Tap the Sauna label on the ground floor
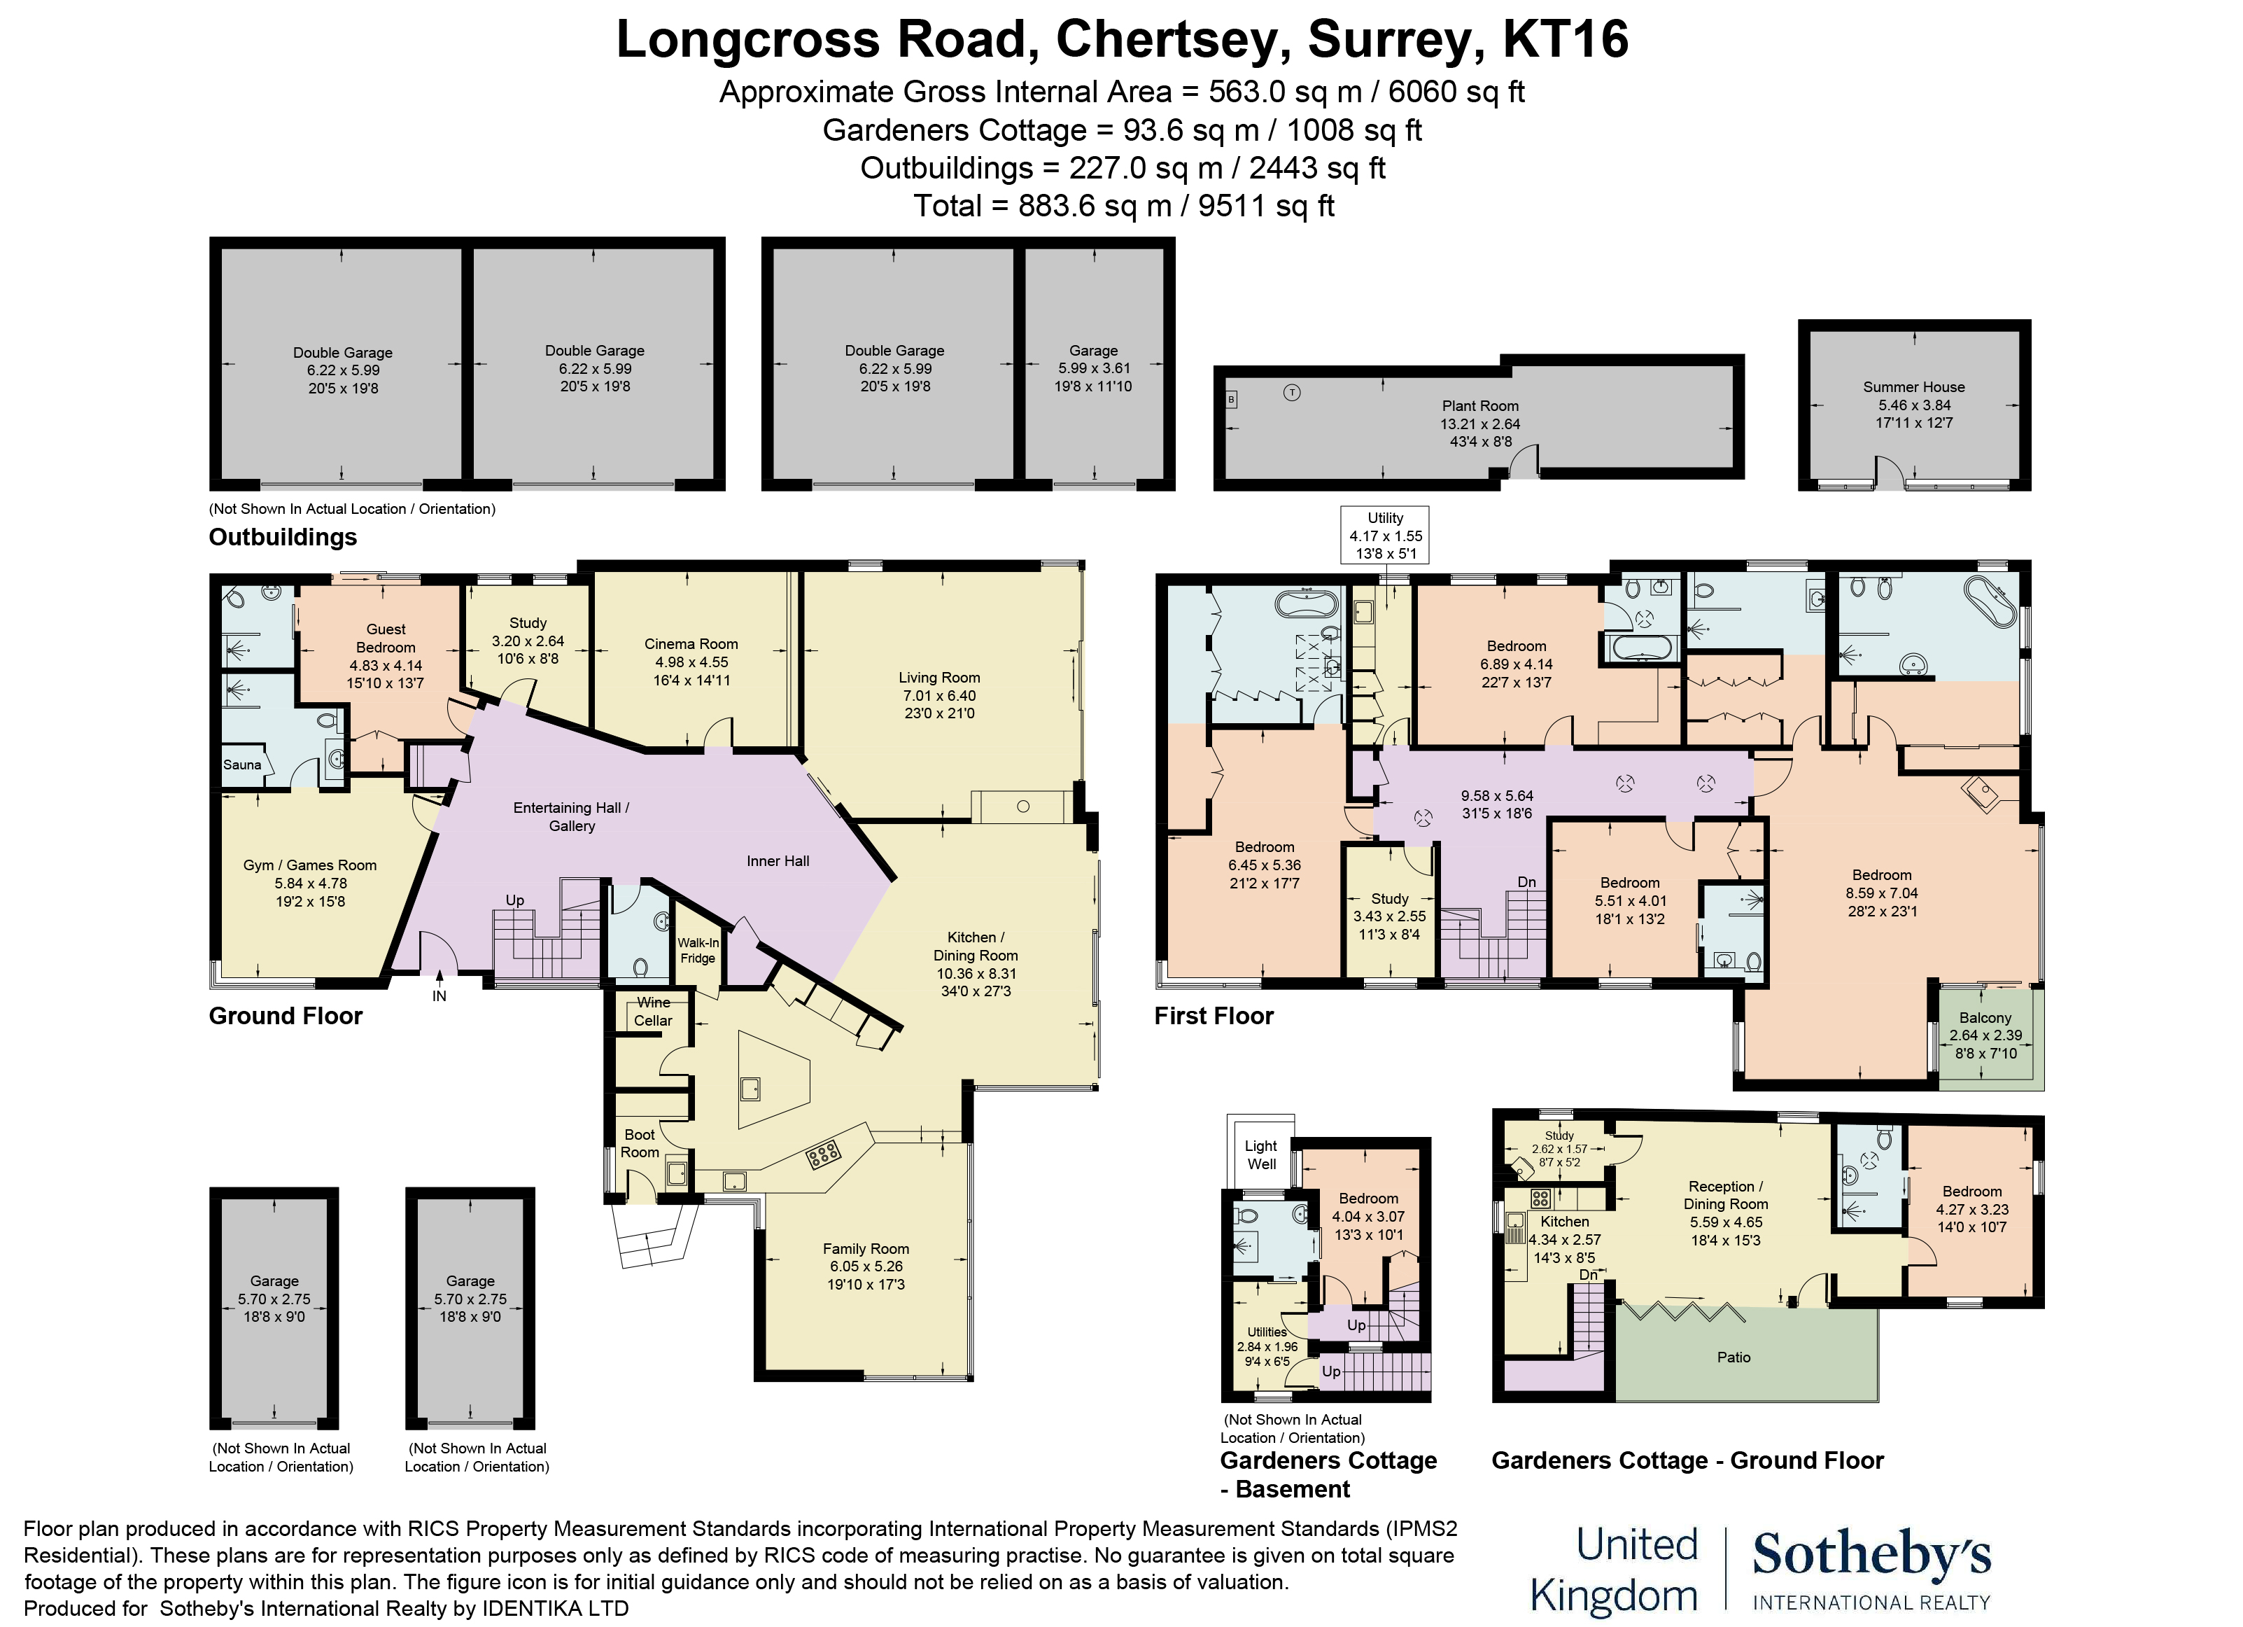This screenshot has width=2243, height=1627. [x=242, y=764]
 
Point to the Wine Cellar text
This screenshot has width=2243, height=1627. [x=653, y=1012]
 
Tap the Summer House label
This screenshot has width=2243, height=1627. [x=1913, y=386]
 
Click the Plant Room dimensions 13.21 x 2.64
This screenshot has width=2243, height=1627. [x=1479, y=424]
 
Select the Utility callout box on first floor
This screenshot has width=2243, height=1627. [x=1384, y=535]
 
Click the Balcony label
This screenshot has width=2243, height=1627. [x=1985, y=1018]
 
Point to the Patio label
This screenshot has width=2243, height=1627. [x=1733, y=1357]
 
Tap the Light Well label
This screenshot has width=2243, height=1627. [x=1261, y=1154]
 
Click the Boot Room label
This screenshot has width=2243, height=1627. [x=639, y=1143]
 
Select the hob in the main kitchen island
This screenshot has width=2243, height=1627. [x=823, y=1153]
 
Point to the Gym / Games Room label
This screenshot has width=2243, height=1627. [x=309, y=865]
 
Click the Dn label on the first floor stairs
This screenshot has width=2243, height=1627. [x=1527, y=881]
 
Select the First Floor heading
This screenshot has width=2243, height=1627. [x=1214, y=1016]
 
